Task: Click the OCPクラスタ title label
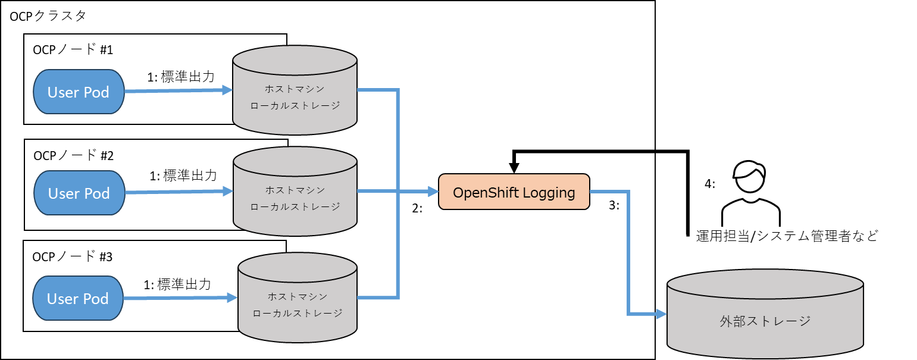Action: [x=48, y=16]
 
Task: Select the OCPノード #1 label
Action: [x=73, y=50]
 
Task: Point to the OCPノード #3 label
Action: [x=73, y=256]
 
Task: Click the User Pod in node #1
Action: [x=79, y=92]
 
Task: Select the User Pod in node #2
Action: [x=79, y=193]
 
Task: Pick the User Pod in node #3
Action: [x=78, y=299]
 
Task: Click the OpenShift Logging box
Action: [x=514, y=192]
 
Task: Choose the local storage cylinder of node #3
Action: [x=298, y=304]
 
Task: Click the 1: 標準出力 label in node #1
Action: [x=181, y=77]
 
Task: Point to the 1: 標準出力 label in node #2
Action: [x=183, y=176]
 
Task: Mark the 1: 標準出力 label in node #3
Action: [x=177, y=284]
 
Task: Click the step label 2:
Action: [x=417, y=209]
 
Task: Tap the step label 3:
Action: [x=614, y=205]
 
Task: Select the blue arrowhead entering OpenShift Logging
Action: [x=433, y=192]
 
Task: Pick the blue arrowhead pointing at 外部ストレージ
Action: [x=661, y=314]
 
